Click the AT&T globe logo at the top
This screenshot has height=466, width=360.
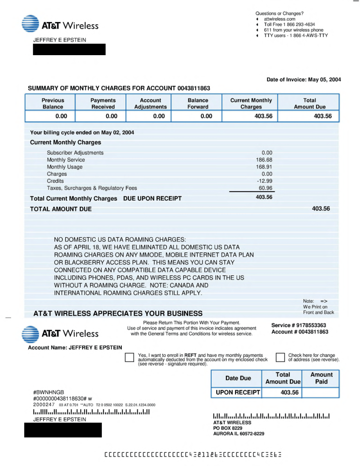tap(30, 24)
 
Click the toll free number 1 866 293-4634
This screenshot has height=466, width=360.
tap(295, 25)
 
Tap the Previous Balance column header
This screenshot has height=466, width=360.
tap(53, 103)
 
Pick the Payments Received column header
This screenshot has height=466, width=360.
tap(103, 103)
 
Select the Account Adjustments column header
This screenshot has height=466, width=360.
tap(150, 103)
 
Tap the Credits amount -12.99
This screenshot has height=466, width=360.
tap(265, 181)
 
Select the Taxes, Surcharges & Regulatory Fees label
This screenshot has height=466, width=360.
tap(92, 188)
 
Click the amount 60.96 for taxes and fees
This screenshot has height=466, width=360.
tap(265, 188)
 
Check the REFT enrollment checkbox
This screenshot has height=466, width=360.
tap(129, 357)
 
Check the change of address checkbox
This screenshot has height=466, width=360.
tap(280, 357)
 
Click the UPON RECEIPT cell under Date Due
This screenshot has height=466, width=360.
tap(238, 392)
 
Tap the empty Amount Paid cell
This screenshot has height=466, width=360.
tap(321, 392)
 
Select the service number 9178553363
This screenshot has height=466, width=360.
tap(311, 325)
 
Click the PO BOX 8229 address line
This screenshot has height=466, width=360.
tap(228, 428)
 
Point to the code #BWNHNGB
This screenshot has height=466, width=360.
tap(49, 392)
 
